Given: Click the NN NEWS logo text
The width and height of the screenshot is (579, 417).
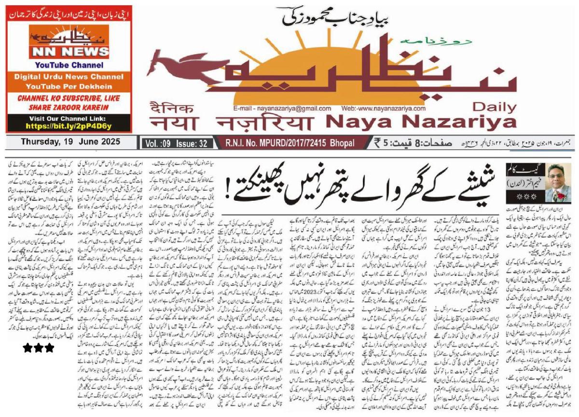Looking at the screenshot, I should click(69, 52).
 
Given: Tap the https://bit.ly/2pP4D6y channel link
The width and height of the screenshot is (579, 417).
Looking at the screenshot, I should click(68, 126).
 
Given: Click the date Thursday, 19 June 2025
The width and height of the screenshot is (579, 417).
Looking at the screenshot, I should click(70, 142).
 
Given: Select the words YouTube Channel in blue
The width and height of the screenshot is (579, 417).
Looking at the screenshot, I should click(69, 65).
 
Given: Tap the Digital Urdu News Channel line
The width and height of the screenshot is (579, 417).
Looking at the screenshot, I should click(69, 77).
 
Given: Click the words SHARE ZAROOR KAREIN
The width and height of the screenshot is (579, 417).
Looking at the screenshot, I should click(69, 107).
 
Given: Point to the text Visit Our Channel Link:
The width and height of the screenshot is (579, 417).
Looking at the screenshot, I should click(68, 118).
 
